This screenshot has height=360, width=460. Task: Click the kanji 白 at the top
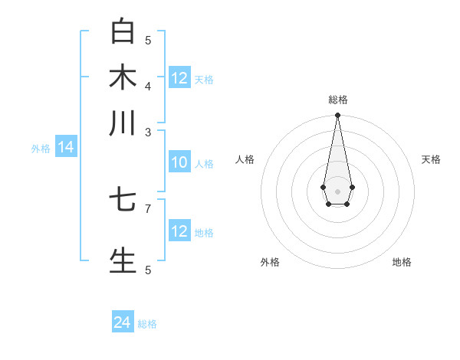[x=123, y=32]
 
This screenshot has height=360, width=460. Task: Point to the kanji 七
[x=123, y=201]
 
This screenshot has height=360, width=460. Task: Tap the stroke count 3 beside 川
[x=148, y=131]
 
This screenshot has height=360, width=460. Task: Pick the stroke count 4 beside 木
[x=148, y=85]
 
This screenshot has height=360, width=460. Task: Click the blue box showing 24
[x=123, y=322]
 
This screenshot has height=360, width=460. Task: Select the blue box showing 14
[x=66, y=148]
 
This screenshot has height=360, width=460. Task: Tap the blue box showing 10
[x=179, y=163]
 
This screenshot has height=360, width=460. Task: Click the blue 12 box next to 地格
[x=179, y=232]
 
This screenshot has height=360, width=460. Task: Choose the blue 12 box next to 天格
[x=179, y=78]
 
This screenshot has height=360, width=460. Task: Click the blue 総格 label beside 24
[x=147, y=324]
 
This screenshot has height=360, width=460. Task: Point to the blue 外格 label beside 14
[x=41, y=149]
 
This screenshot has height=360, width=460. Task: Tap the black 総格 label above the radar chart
[x=337, y=100]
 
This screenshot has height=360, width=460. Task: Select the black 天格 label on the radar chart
[x=431, y=159]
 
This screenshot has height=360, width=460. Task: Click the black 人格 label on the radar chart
[x=245, y=159]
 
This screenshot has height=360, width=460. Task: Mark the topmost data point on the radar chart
[x=337, y=116]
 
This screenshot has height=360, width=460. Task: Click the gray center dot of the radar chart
[x=337, y=191]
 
